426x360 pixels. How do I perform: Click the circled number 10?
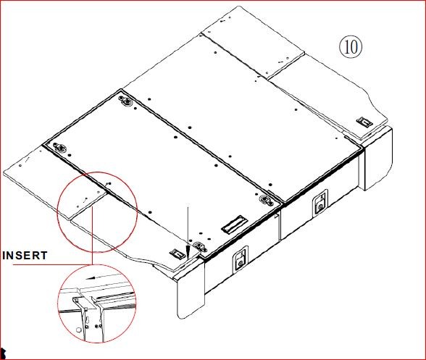[351, 46]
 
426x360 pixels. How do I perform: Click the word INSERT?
[25, 256]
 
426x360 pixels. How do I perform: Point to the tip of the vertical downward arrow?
[188, 258]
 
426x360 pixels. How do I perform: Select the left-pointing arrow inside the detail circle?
[99, 277]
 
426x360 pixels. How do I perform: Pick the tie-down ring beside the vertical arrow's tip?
[200, 247]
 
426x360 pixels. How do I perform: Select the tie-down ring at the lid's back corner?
[126, 101]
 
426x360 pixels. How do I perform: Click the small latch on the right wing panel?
[365, 122]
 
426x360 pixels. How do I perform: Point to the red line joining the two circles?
[93, 235]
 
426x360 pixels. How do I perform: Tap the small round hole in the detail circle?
[78, 330]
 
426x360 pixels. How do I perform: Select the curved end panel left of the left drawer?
[190, 288]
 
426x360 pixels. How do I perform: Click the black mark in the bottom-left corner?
[3, 353]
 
